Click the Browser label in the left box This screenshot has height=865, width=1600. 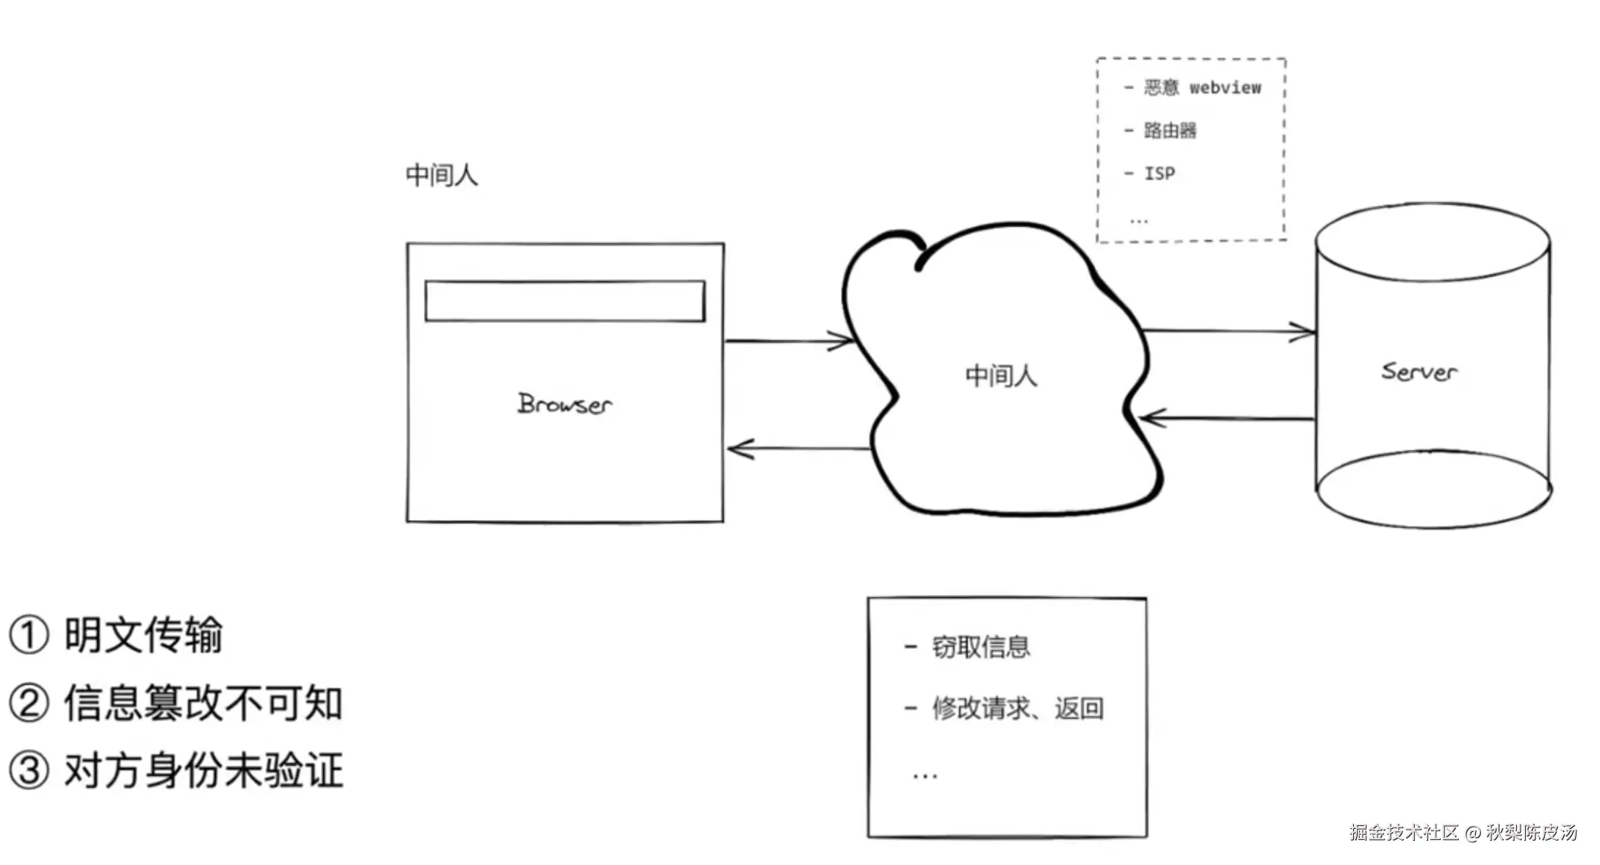click(564, 404)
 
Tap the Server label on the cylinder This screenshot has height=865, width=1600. click(1419, 372)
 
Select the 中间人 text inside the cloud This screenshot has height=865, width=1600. click(1001, 376)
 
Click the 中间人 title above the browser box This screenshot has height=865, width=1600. click(441, 175)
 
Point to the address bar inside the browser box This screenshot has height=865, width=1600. click(565, 301)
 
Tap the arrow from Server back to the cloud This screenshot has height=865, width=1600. click(1226, 419)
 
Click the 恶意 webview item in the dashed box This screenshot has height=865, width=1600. click(1202, 88)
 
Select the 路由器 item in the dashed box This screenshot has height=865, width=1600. click(1170, 131)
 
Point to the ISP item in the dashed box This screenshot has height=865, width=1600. click(1159, 173)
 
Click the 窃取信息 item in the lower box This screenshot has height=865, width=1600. click(980, 647)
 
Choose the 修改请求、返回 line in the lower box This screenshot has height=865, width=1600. click(1017, 709)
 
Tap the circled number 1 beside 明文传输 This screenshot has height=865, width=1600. click(29, 635)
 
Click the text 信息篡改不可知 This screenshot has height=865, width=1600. click(203, 703)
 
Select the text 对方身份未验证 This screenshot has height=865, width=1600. click(203, 771)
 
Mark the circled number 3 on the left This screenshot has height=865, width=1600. click(29, 771)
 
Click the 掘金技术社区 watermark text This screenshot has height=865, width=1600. click(1403, 832)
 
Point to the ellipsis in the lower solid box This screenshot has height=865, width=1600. click(924, 775)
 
